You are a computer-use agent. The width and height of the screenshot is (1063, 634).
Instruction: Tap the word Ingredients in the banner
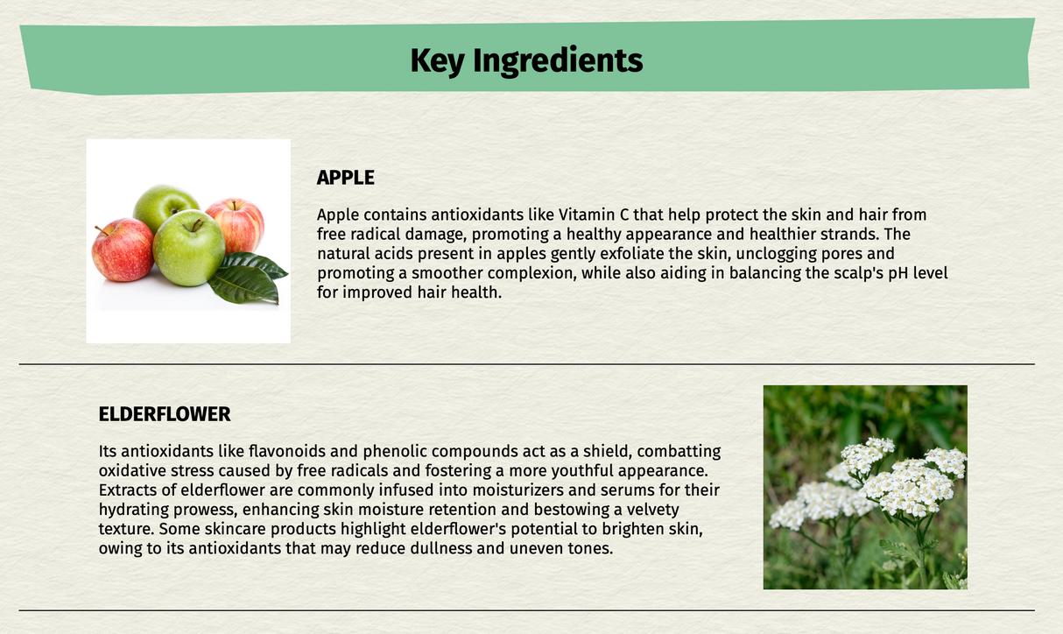[558, 60]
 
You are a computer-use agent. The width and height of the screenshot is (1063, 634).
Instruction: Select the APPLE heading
[345, 178]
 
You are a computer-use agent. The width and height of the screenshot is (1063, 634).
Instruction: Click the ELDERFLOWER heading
[165, 413]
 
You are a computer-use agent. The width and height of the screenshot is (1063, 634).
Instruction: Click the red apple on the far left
[123, 250]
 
